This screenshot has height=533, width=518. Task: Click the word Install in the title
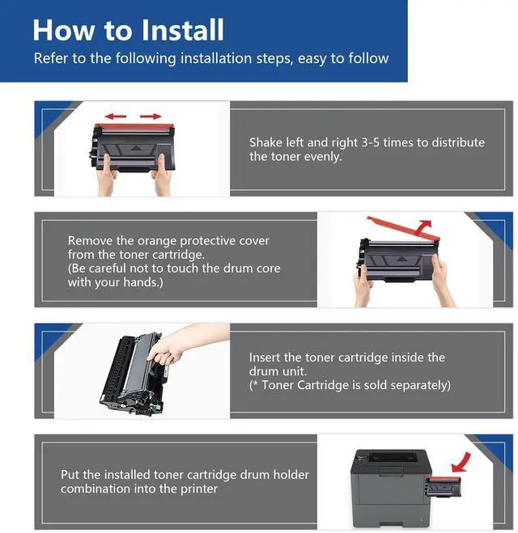pyautogui.click(x=183, y=30)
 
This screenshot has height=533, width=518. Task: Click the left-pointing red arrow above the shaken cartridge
pyautogui.click(x=116, y=116)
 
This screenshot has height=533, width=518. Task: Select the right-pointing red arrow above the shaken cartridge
pyautogui.click(x=151, y=116)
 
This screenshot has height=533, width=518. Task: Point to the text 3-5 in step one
pyautogui.click(x=370, y=142)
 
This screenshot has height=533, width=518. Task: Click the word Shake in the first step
pyautogui.click(x=266, y=142)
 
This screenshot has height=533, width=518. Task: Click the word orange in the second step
pyautogui.click(x=157, y=241)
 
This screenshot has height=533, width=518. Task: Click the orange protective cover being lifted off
pyautogui.click(x=403, y=226)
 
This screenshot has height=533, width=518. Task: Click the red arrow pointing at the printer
pyautogui.click(x=461, y=463)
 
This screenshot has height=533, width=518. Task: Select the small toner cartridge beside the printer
pyautogui.click(x=444, y=487)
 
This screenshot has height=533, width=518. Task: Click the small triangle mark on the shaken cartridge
pyautogui.click(x=136, y=148)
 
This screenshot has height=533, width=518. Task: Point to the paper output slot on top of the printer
pyautogui.click(x=393, y=457)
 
